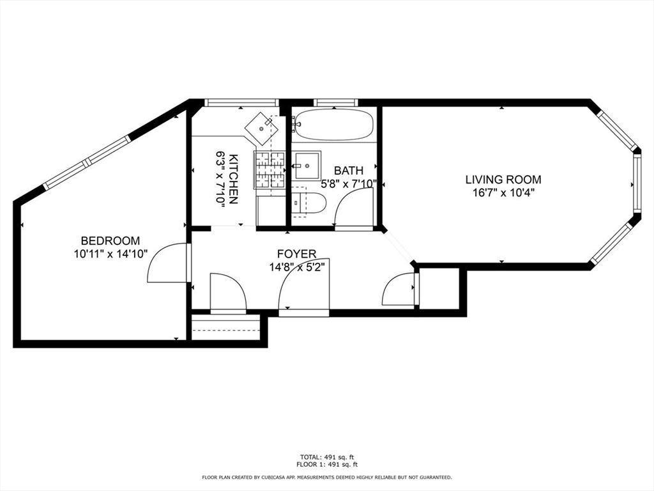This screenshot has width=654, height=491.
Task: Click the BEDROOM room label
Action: click(x=110, y=241)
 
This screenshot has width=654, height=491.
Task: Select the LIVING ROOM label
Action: click(x=503, y=180)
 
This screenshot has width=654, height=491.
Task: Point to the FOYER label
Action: click(x=296, y=254)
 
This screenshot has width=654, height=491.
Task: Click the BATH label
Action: click(x=349, y=171)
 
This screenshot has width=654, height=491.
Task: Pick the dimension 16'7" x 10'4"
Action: click(x=503, y=192)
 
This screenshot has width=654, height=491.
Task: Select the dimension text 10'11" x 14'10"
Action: click(x=110, y=254)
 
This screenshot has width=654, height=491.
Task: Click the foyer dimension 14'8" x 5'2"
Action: click(x=298, y=267)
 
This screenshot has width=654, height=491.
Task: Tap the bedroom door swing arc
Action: click(x=166, y=265)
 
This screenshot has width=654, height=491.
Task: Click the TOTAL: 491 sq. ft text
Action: click(x=327, y=457)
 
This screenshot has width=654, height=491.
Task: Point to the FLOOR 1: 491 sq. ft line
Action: click(x=327, y=465)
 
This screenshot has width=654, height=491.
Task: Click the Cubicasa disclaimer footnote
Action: click(x=327, y=477)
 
